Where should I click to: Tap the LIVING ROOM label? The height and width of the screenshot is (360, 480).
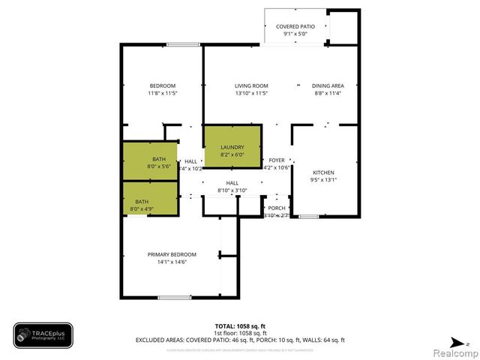tap(251, 85)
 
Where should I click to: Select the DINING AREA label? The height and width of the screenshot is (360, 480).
tap(328, 85)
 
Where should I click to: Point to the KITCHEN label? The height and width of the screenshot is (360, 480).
tap(325, 172)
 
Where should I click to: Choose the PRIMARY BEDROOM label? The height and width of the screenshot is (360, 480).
tap(172, 254)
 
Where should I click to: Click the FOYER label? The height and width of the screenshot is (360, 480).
tap(277, 160)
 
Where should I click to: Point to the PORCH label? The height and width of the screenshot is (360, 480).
tap(277, 208)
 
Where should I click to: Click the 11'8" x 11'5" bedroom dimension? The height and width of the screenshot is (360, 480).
tap(162, 94)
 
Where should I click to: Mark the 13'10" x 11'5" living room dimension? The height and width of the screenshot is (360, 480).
tap(251, 94)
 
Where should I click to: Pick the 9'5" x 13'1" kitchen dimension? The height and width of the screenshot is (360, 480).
tap(325, 179)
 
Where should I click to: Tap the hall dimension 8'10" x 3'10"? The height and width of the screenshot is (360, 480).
tap(232, 190)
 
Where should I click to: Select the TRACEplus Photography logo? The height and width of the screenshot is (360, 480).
tap(43, 334)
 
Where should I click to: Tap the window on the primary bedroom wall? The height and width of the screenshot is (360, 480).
tap(173, 298)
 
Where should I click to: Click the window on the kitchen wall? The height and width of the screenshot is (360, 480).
tap(308, 217)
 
